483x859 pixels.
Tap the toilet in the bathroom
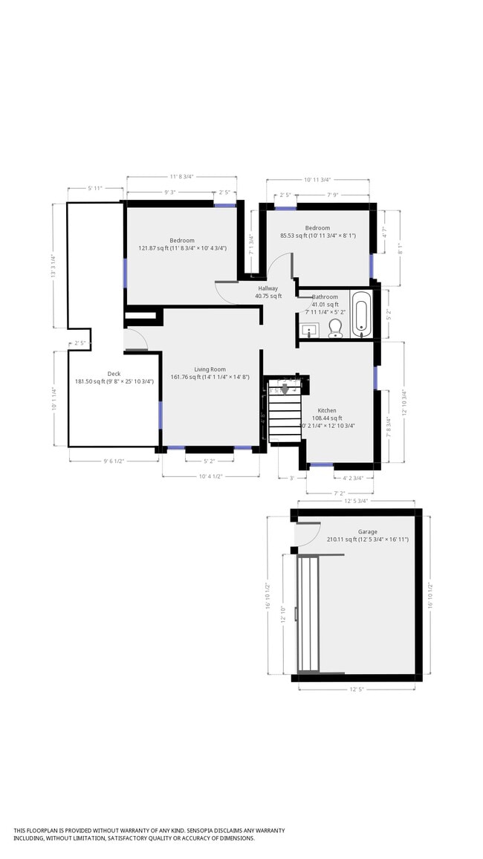tap(334, 328)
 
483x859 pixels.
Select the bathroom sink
tap(310, 329)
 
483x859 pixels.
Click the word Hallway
tap(268, 288)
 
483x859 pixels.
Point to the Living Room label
tap(210, 369)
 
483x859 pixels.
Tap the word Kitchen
tap(327, 410)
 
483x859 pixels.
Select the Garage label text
tap(368, 532)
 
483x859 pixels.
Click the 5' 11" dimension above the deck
tap(95, 188)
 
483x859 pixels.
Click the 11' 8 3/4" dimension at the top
tap(181, 177)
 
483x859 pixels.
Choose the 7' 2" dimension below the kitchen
tap(340, 493)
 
